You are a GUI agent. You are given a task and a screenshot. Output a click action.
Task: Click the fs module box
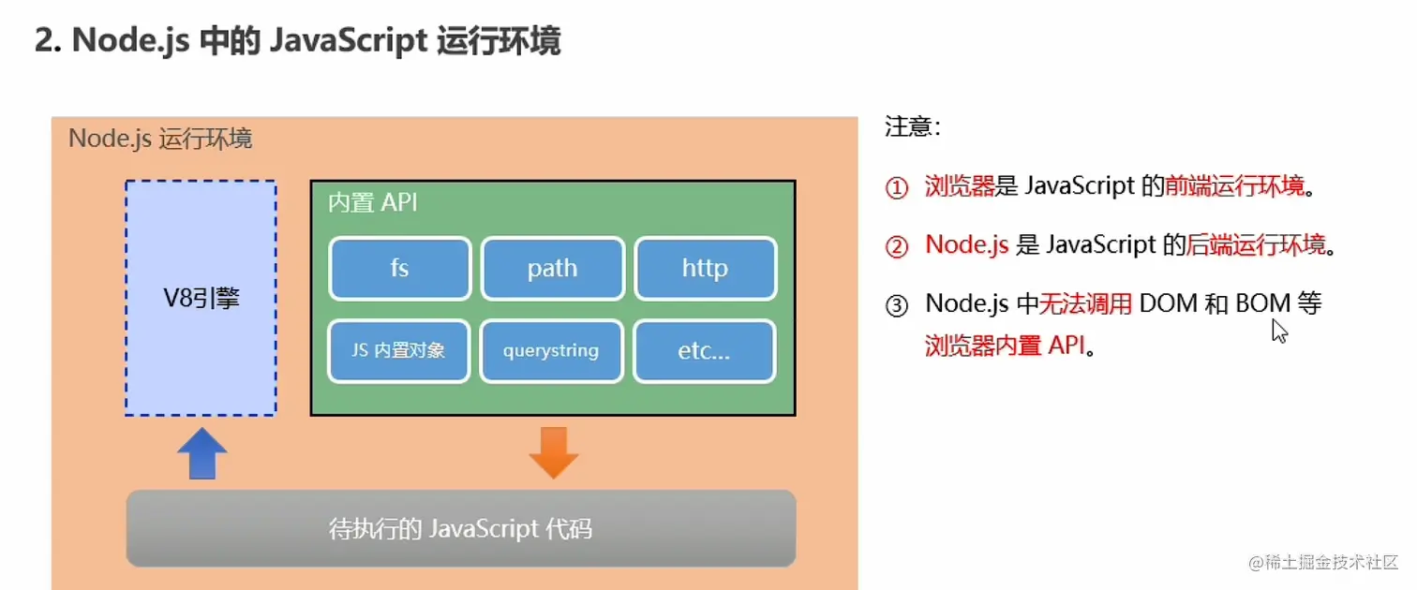[400, 269]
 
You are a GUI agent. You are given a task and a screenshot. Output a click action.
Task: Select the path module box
[552, 269]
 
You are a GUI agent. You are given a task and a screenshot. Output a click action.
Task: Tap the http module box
[705, 269]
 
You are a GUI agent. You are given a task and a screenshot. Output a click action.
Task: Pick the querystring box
[551, 351]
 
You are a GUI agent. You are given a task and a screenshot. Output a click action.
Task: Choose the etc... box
[705, 351]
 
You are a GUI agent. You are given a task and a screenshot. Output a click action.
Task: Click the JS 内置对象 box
[398, 351]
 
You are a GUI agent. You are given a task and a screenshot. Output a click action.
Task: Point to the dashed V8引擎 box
[201, 298]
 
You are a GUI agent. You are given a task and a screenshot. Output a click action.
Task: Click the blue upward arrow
[201, 453]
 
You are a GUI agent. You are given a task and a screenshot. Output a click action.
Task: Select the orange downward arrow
[554, 452]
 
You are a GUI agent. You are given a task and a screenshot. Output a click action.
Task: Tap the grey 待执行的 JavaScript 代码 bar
[461, 528]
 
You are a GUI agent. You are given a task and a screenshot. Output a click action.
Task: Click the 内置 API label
[373, 203]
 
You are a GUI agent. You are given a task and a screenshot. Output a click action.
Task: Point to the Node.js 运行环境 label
[160, 140]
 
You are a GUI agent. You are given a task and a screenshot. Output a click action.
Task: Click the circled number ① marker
[897, 188]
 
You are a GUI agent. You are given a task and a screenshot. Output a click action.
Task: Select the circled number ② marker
[897, 246]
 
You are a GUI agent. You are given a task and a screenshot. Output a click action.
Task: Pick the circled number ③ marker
[897, 305]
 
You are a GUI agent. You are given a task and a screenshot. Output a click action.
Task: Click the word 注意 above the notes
[908, 127]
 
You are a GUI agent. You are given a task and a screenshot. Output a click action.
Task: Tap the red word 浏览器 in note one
[959, 186]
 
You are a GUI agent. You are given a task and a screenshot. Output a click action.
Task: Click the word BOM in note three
[1262, 303]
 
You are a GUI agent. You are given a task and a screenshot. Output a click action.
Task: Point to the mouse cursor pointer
[1279, 330]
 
